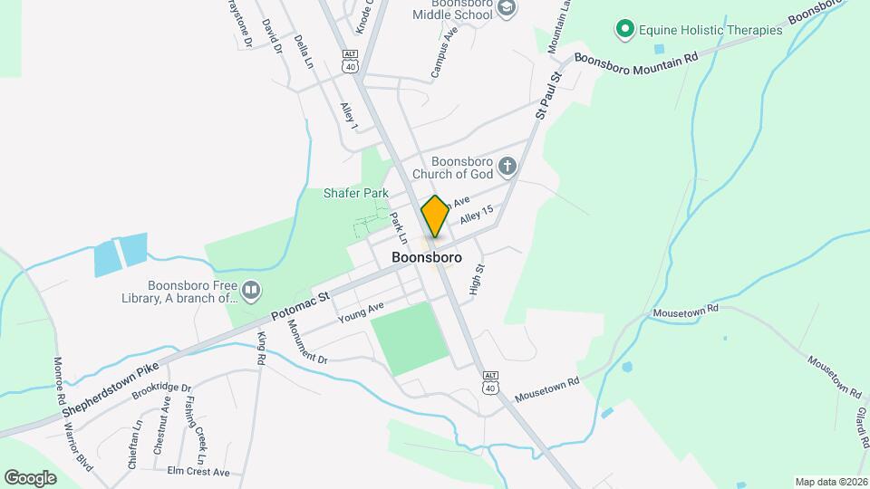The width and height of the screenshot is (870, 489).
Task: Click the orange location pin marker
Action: (435, 216)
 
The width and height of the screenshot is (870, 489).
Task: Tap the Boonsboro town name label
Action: (427, 258)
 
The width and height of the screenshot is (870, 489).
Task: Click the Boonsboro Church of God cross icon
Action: (507, 166)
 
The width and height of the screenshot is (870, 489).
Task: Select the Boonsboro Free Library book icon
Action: (251, 291)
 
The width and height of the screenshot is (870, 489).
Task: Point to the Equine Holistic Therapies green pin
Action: (624, 30)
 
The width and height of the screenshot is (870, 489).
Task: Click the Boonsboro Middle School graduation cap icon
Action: (507, 7)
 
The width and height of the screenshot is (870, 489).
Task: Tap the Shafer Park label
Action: (356, 193)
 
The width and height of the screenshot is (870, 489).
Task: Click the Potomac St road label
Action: (303, 304)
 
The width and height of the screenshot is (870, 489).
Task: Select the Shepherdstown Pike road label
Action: (111, 382)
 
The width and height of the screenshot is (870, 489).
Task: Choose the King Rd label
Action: (261, 349)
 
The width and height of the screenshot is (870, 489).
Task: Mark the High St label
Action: (477, 280)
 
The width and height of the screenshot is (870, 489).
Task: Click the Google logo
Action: (31, 477)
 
